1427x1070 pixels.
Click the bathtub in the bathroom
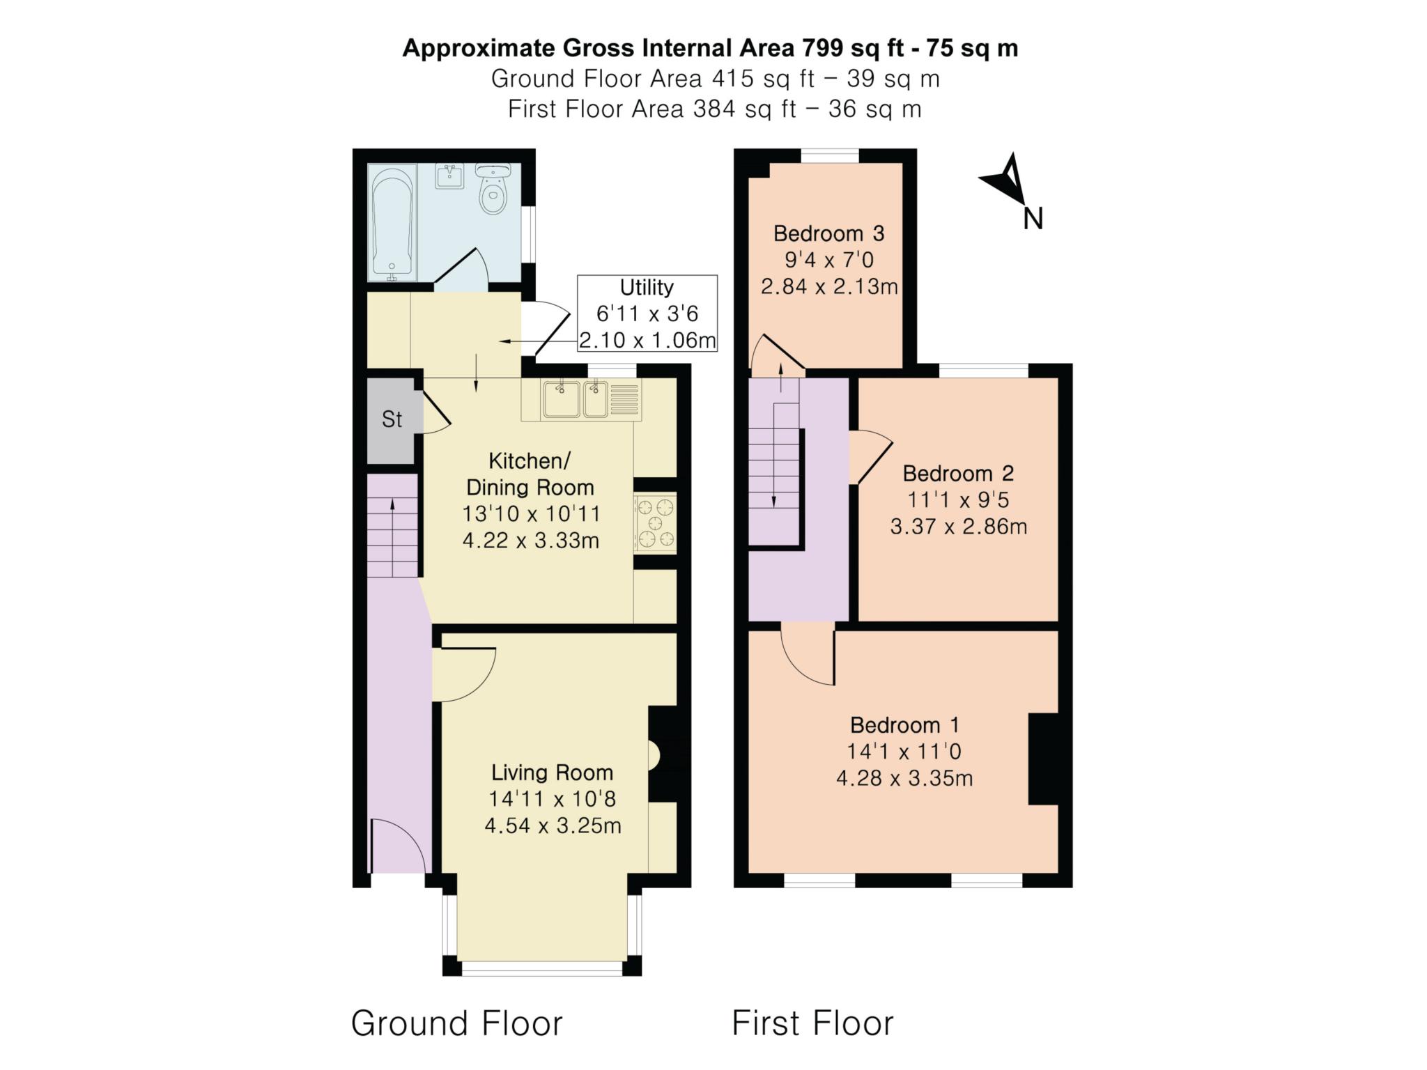[x=392, y=222]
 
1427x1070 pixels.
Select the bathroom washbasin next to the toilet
[x=449, y=176]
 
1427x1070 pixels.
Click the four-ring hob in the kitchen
[x=655, y=522]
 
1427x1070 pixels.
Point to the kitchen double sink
[x=576, y=400]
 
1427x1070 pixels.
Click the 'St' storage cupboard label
[x=392, y=419]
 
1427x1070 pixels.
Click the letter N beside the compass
[x=1033, y=219]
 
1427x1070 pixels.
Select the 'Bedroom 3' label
[x=828, y=233]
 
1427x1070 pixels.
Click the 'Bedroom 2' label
[x=958, y=474]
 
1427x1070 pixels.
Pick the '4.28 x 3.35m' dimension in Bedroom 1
[x=904, y=778]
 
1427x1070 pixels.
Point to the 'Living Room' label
[x=552, y=773]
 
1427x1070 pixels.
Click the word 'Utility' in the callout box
[x=647, y=288]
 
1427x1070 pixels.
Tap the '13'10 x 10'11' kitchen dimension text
[x=531, y=514]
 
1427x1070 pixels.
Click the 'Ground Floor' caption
[x=456, y=1023]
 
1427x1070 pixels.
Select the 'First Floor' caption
[x=812, y=1023]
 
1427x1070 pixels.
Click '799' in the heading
[x=823, y=48]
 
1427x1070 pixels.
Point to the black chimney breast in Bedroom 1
[x=1043, y=759]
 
